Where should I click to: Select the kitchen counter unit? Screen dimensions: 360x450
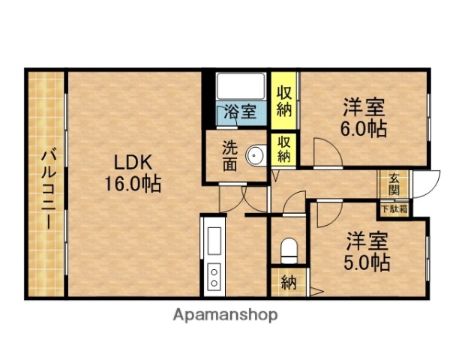(214, 255)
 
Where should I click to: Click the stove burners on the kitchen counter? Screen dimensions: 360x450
(214, 276)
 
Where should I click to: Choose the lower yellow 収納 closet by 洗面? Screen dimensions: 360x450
(283, 148)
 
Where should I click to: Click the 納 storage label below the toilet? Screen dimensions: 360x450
(289, 283)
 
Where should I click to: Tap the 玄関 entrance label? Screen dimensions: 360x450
(394, 184)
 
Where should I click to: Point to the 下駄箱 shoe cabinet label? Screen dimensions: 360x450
(394, 209)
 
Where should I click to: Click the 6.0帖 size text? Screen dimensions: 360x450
(364, 129)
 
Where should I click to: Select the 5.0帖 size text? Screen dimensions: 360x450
(367, 263)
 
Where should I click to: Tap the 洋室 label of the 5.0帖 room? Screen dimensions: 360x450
(367, 241)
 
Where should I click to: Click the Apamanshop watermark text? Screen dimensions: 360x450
(225, 315)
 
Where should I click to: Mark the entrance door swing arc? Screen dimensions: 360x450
(424, 184)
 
